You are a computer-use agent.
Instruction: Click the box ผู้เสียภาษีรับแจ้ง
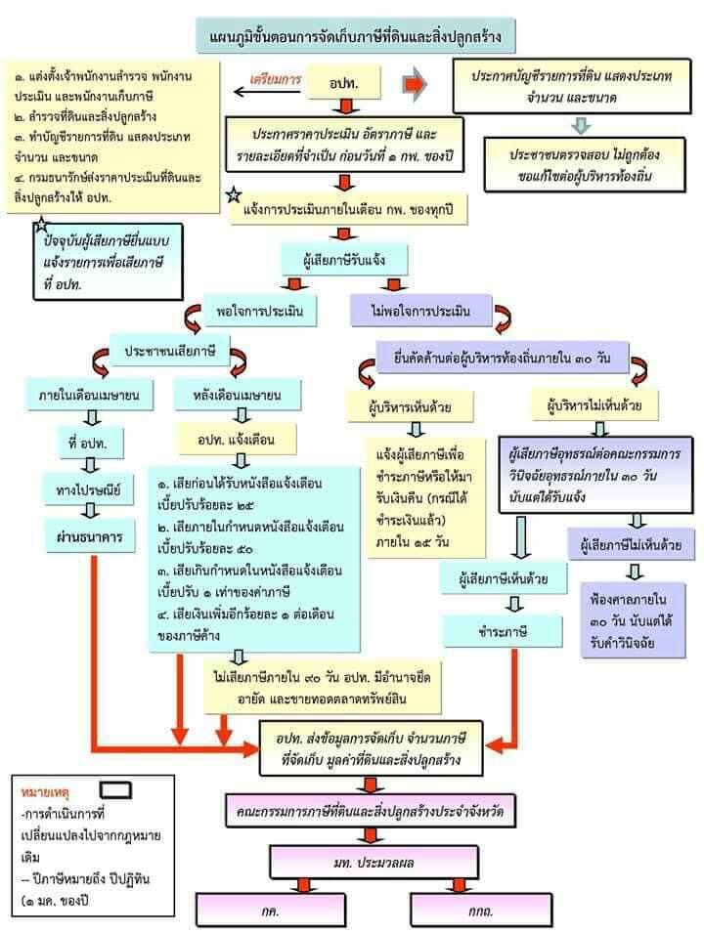343,259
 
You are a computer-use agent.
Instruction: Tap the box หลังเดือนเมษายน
240,396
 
